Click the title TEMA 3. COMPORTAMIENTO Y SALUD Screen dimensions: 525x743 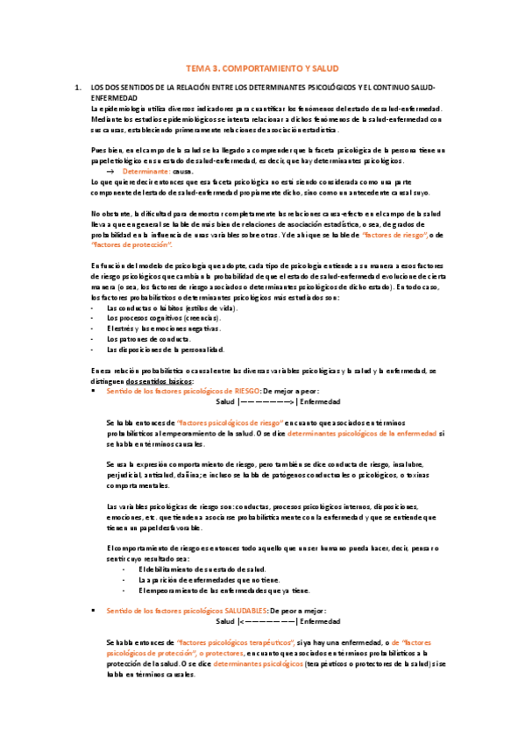pyautogui.click(x=262, y=67)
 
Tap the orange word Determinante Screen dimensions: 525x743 pyautogui.click(x=146, y=172)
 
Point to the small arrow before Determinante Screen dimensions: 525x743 pyautogui.click(x=110, y=172)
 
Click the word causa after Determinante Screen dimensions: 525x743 pyautogui.click(x=182, y=172)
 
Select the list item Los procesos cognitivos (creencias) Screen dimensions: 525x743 pyautogui.click(x=164, y=318)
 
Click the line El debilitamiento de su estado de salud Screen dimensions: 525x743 pyautogui.click(x=203, y=570)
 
